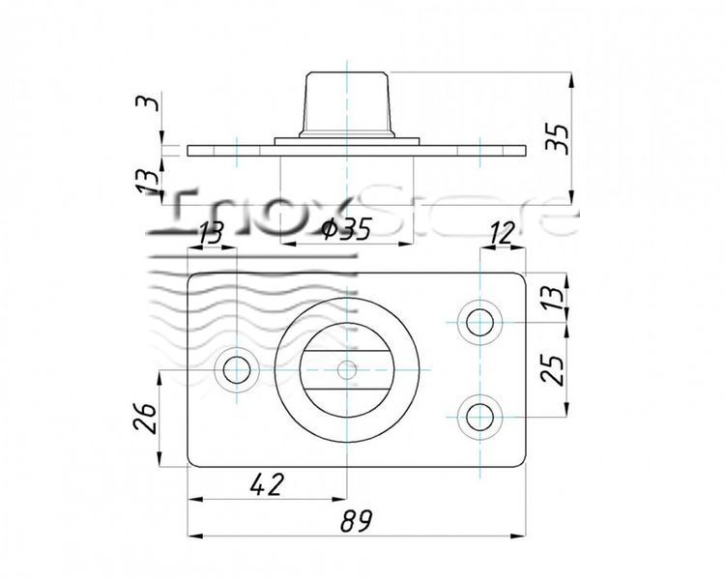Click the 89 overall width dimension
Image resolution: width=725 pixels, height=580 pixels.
click(x=356, y=520)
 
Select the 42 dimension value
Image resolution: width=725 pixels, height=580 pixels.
click(x=266, y=485)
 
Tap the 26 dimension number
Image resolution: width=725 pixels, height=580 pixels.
click(x=145, y=418)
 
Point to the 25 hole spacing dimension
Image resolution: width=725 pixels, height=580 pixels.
click(x=553, y=370)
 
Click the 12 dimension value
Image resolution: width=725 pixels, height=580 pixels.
click(x=502, y=232)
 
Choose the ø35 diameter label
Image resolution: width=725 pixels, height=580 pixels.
click(x=347, y=229)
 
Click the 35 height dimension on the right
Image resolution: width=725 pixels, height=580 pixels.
click(x=556, y=137)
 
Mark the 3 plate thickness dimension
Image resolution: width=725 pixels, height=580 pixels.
click(x=149, y=102)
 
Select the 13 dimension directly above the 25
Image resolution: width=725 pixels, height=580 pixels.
click(x=553, y=299)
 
